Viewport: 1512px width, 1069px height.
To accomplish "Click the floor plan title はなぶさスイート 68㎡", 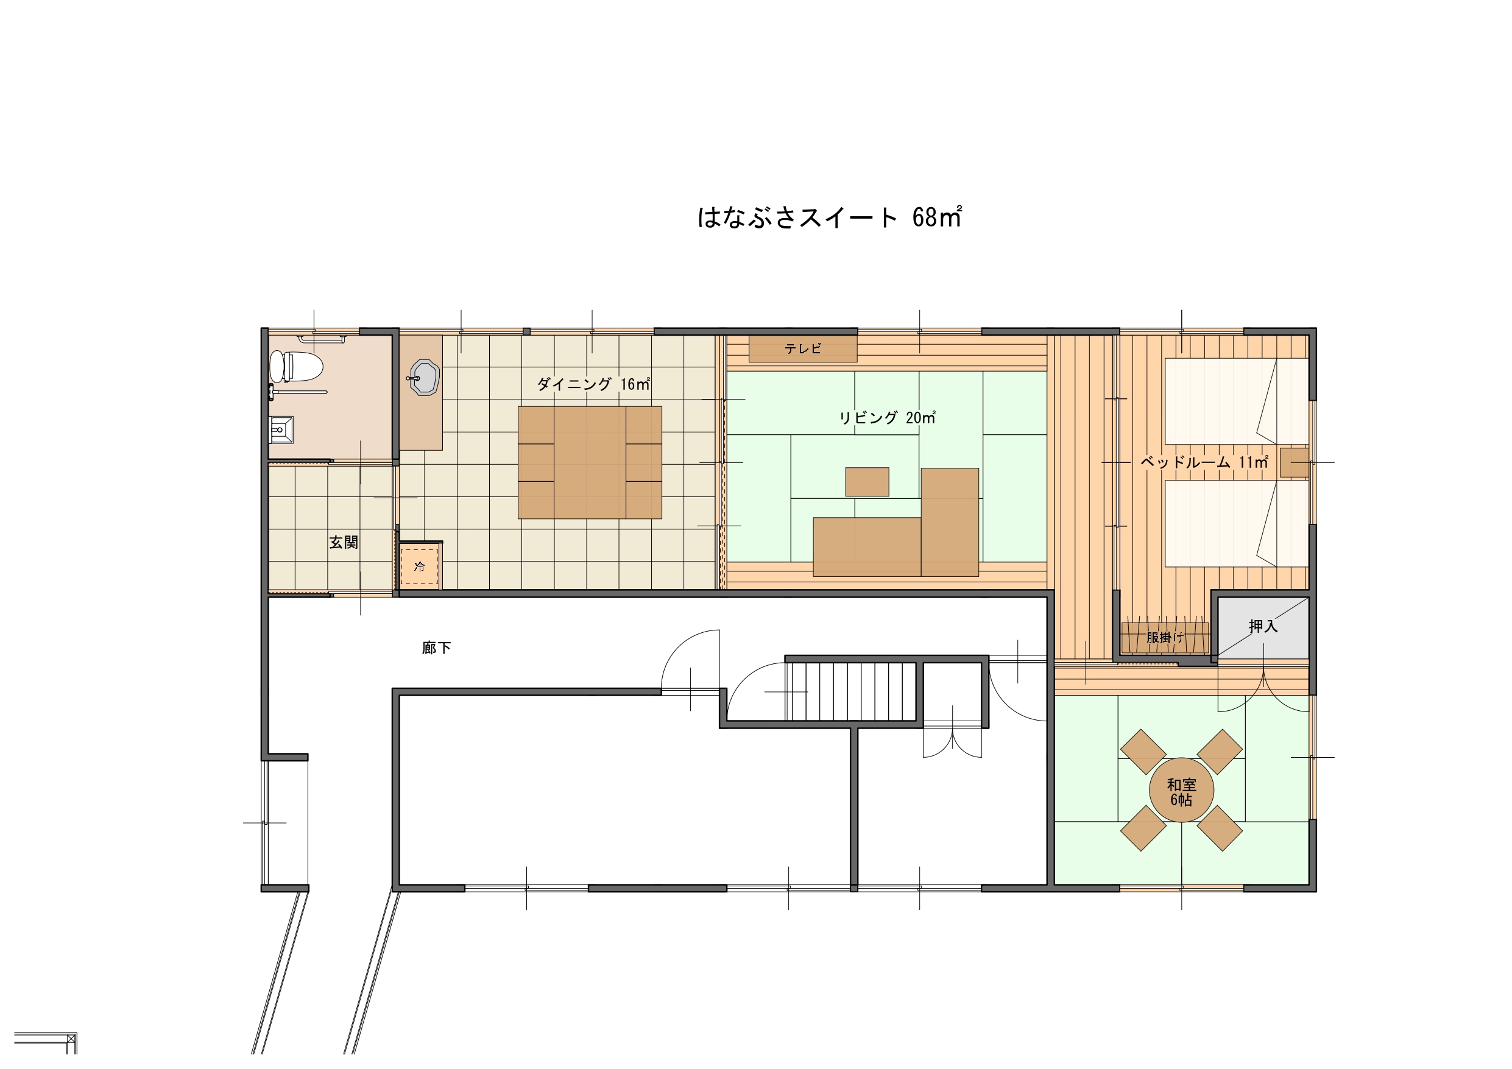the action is [830, 217].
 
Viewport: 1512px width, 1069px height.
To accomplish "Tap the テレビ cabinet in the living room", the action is [803, 349].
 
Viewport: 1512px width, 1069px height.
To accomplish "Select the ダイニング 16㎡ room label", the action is [593, 383].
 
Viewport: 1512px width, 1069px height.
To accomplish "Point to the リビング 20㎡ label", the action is [887, 418].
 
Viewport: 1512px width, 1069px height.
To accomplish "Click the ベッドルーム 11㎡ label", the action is [1204, 462].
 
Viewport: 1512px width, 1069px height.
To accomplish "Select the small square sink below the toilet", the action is [281, 430].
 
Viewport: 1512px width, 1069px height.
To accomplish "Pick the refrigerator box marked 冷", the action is [420, 566].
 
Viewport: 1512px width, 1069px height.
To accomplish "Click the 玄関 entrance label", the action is [344, 542].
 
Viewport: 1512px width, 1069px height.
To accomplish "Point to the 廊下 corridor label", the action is [437, 648].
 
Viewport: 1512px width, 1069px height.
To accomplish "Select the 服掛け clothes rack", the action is [1165, 638].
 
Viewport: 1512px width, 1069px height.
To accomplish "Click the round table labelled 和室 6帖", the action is [1181, 791].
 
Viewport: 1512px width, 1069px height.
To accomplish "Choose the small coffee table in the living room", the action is [867, 482].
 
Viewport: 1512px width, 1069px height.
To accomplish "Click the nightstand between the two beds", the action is [1294, 462].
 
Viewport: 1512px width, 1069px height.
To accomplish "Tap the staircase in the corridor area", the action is [851, 691].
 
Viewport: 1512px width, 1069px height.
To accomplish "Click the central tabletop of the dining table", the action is [590, 462].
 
